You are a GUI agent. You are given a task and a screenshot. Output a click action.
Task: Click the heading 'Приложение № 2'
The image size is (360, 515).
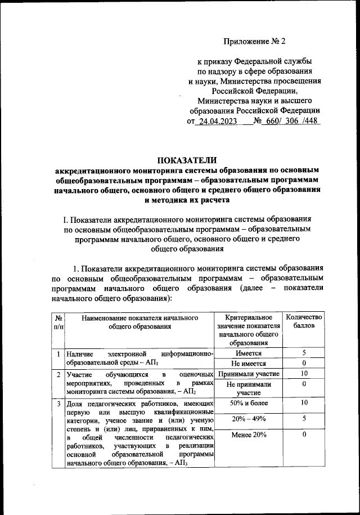(x=254, y=41)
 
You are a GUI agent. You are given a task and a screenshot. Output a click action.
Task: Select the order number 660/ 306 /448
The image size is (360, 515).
(x=290, y=121)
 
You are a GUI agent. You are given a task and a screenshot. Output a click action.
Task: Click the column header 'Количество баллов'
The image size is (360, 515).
(x=304, y=322)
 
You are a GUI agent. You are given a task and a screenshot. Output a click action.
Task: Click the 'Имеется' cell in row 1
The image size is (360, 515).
(x=247, y=353)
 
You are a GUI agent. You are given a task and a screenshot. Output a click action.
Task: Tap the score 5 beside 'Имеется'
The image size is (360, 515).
(x=304, y=353)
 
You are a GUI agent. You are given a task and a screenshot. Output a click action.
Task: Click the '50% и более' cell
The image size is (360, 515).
(x=247, y=403)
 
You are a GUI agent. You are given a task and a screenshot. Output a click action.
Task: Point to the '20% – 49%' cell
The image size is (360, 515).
(x=247, y=419)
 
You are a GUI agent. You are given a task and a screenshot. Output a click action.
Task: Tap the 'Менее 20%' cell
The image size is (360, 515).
(x=247, y=435)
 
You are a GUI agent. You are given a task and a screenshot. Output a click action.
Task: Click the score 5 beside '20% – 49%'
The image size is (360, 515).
(x=304, y=419)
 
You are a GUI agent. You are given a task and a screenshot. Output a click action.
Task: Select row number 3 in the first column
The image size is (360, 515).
(x=58, y=404)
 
